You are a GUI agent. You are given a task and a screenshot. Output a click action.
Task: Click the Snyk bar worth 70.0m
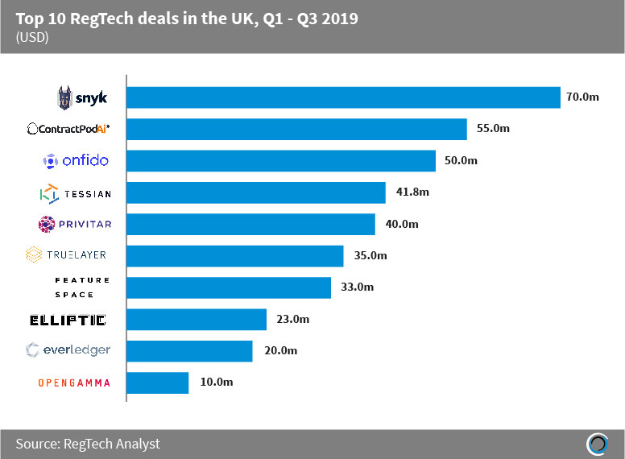[x=343, y=97]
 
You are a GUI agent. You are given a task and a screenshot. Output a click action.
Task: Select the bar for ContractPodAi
[x=296, y=129]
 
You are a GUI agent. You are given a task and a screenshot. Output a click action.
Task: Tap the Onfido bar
[x=281, y=160]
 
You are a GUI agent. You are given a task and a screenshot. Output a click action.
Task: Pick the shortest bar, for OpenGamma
[x=158, y=382]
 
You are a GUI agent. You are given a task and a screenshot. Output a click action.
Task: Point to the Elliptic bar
[x=197, y=320]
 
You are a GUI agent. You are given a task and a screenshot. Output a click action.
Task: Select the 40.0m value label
[x=402, y=224]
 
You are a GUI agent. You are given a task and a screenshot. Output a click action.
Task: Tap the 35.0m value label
[x=370, y=256]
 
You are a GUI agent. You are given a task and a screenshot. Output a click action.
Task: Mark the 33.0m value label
[x=358, y=287]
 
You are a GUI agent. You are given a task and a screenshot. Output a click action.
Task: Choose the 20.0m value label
[x=279, y=350]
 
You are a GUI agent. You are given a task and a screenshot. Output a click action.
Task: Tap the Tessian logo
[x=75, y=193]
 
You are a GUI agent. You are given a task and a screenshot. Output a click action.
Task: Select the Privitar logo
[x=73, y=224]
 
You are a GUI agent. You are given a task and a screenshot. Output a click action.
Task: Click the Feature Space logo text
[x=81, y=287]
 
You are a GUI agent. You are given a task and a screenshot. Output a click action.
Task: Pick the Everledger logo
[x=68, y=350]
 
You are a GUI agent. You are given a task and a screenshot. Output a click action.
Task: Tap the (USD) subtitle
[x=31, y=38]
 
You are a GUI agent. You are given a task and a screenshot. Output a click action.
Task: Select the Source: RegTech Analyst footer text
[x=88, y=443]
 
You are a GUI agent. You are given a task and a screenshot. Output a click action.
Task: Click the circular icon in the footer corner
[x=597, y=445]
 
